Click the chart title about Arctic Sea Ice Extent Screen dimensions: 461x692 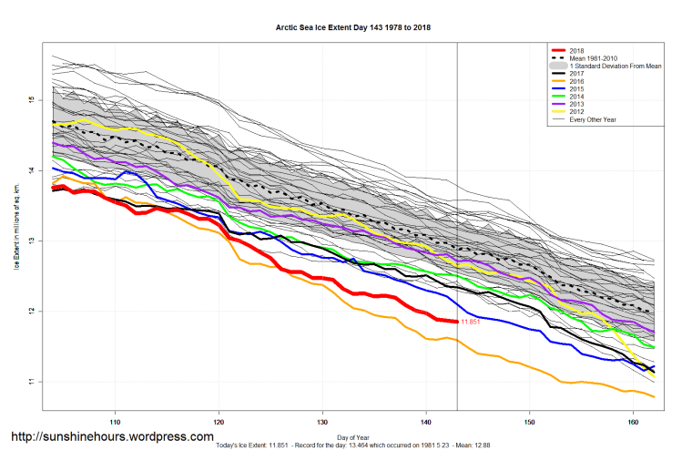[x=352, y=28]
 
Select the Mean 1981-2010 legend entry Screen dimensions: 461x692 [x=593, y=59]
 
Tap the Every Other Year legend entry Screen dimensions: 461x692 [x=595, y=120]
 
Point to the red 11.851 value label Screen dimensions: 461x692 [x=471, y=322]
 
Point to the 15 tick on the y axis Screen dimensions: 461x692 [x=30, y=99]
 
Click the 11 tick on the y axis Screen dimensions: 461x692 [x=30, y=382]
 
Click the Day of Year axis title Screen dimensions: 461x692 [x=352, y=436]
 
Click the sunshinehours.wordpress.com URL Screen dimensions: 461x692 [x=112, y=437]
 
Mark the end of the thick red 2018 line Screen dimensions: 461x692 [x=455, y=321]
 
